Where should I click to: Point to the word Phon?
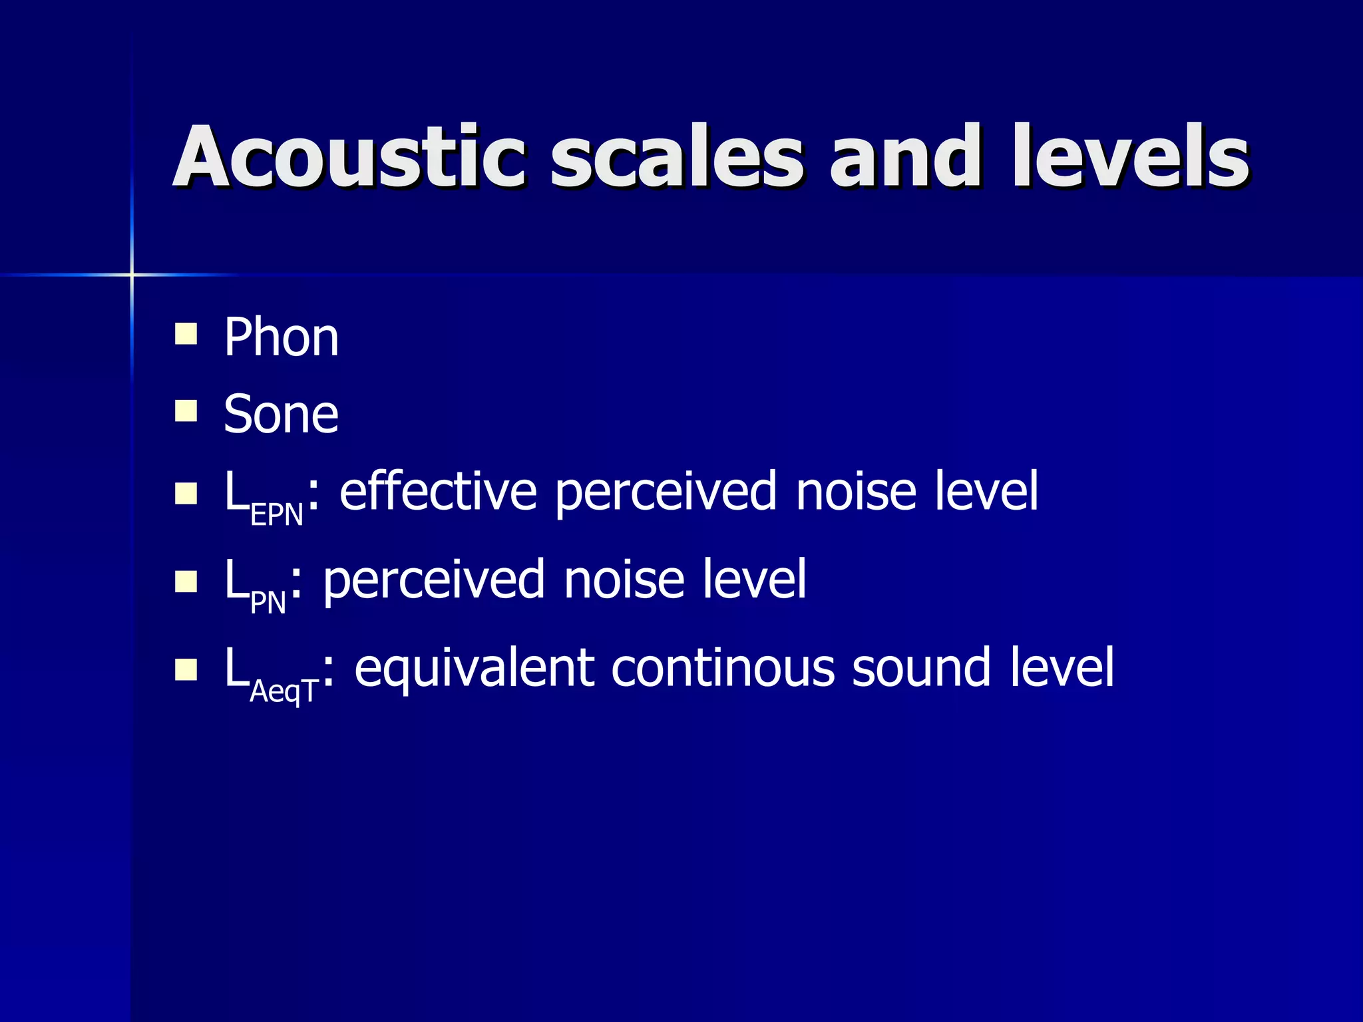tap(281, 337)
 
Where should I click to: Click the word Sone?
tap(281, 414)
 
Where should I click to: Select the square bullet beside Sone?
tap(186, 411)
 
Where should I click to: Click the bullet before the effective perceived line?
tap(186, 493)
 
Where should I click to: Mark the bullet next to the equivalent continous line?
tap(186, 669)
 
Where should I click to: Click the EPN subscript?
tap(277, 516)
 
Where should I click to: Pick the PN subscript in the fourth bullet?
tap(268, 603)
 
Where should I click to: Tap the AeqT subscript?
tap(284, 692)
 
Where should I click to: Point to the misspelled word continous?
tap(722, 668)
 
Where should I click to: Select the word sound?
tap(922, 668)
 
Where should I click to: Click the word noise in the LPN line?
tap(624, 580)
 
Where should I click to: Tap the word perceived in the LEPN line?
tap(666, 492)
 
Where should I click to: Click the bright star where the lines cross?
tap(132, 274)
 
